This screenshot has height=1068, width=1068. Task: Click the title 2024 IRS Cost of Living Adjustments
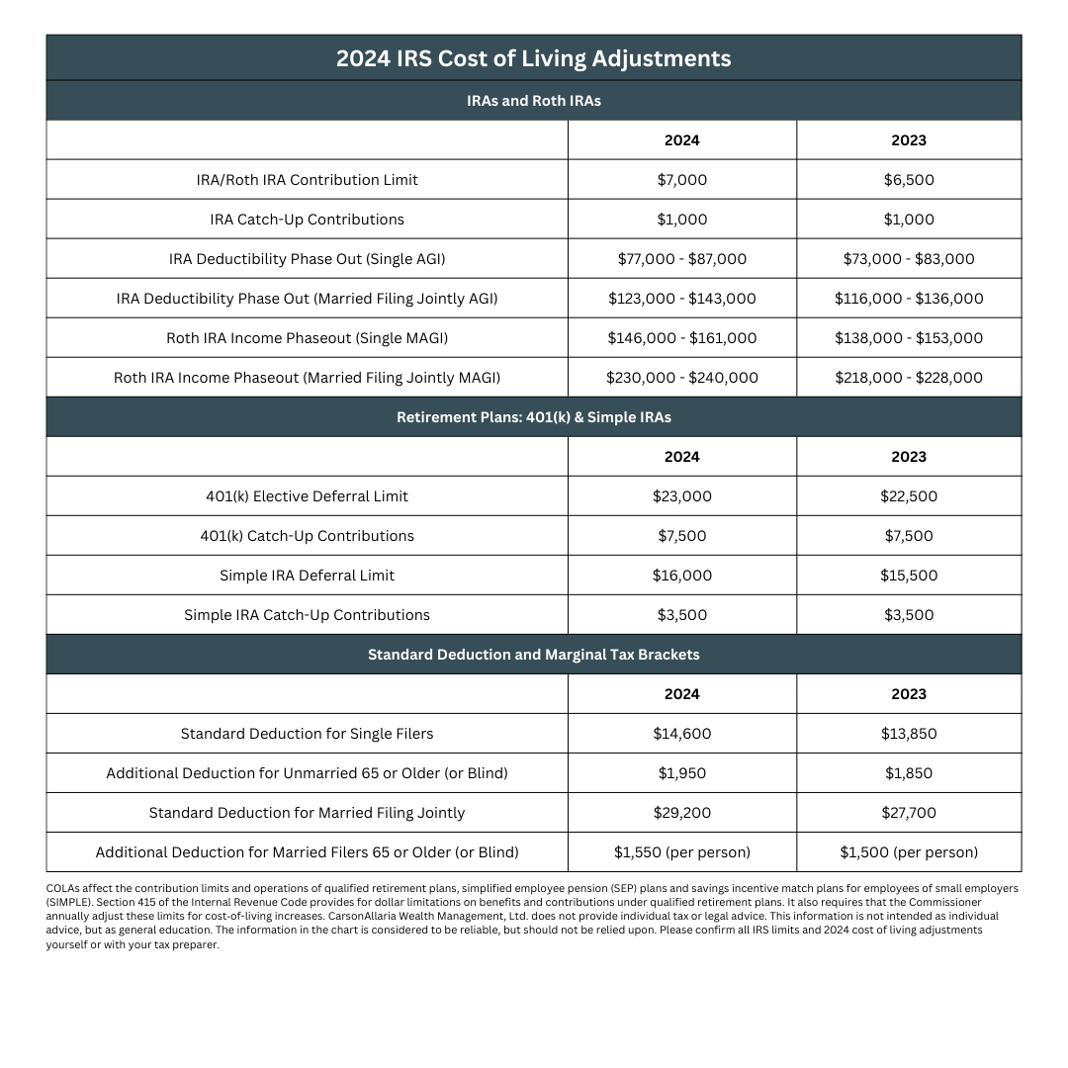click(533, 58)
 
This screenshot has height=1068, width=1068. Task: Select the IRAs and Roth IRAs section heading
click(533, 101)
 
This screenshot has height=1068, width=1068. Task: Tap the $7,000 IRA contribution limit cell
click(681, 180)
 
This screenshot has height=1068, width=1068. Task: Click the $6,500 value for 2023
click(908, 180)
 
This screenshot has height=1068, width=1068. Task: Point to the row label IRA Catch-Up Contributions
click(307, 220)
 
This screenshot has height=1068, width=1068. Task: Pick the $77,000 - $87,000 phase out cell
click(681, 259)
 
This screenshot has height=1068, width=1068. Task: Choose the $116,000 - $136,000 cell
click(908, 299)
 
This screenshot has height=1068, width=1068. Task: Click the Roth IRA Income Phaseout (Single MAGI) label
click(307, 338)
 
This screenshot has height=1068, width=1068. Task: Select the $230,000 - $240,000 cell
click(681, 378)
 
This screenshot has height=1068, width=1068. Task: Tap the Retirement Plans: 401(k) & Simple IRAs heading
click(533, 417)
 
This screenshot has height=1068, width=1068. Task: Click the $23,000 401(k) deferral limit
click(681, 496)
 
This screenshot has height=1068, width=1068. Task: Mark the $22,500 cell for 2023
click(908, 496)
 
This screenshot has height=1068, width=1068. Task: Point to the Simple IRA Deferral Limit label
click(307, 576)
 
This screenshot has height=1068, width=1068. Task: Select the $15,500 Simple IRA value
click(908, 576)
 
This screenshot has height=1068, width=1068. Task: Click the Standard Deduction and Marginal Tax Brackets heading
click(533, 655)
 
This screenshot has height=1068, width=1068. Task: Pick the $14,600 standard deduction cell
click(681, 734)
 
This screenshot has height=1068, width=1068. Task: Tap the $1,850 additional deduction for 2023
click(908, 773)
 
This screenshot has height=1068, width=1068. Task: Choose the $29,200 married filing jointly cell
click(681, 813)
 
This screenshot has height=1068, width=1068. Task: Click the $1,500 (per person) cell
click(908, 852)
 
